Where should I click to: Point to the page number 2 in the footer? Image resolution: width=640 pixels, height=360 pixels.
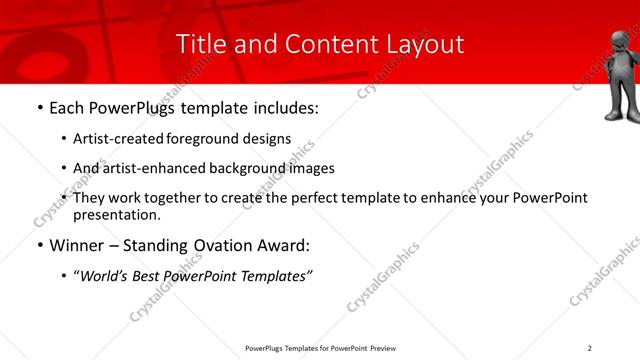(590, 348)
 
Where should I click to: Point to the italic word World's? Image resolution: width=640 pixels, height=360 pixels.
(104, 275)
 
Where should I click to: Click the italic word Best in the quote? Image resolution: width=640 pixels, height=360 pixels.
(148, 275)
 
